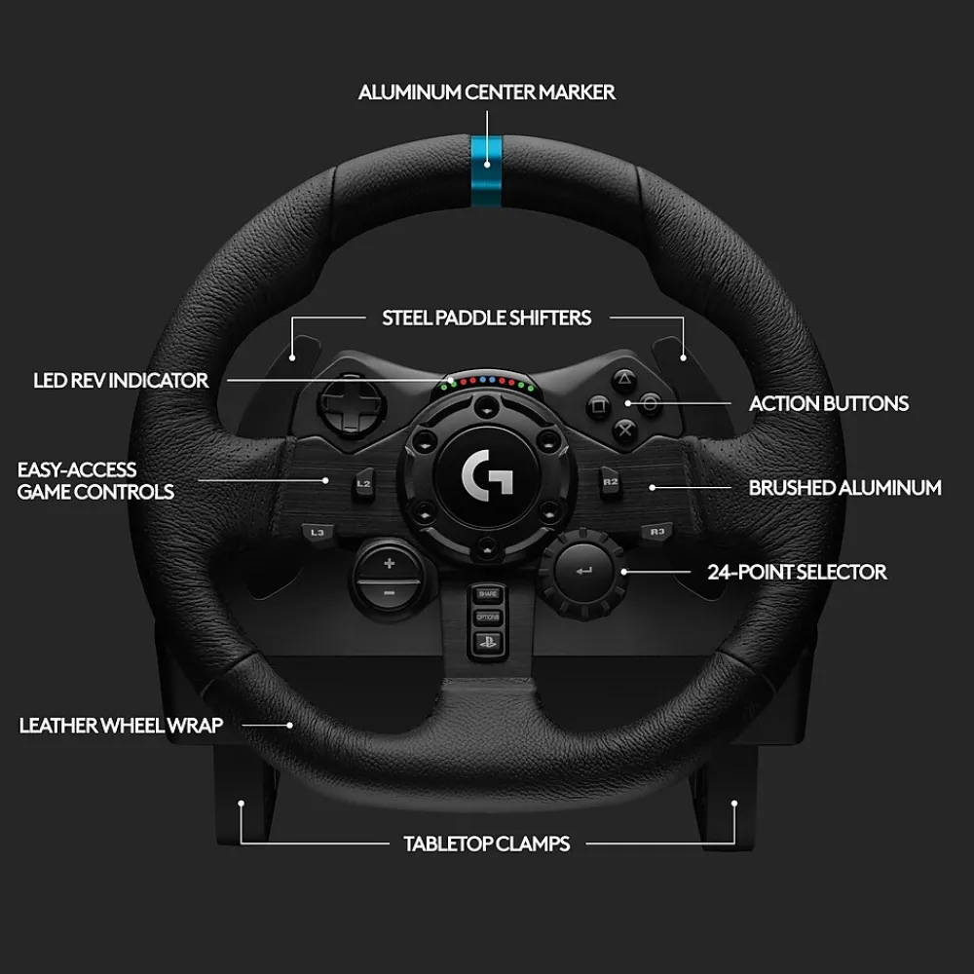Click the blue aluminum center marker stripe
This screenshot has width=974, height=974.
[x=486, y=170]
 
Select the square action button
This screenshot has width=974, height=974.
[x=599, y=407]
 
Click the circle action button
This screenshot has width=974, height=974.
[x=650, y=404]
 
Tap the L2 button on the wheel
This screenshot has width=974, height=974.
[x=364, y=484]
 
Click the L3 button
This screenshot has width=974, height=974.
[x=318, y=533]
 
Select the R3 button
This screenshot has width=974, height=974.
[x=656, y=532]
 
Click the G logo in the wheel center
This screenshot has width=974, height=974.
[x=487, y=476]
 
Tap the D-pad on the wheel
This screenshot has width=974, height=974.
[x=351, y=405]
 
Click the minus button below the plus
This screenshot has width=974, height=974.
[x=389, y=592]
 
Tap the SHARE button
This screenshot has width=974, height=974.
[x=488, y=594]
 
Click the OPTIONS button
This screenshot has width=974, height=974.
[x=488, y=618]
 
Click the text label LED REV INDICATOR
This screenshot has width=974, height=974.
[x=121, y=380]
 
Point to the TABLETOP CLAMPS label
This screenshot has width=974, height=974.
[x=486, y=843]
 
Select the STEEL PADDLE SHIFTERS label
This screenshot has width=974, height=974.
[x=486, y=318]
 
